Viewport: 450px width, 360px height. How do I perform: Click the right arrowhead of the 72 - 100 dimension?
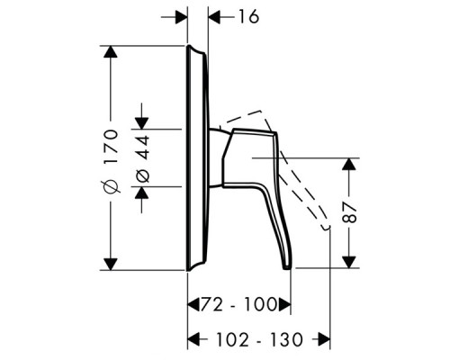[x=285, y=307]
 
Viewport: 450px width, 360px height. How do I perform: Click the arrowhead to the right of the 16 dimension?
[x=214, y=16]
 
